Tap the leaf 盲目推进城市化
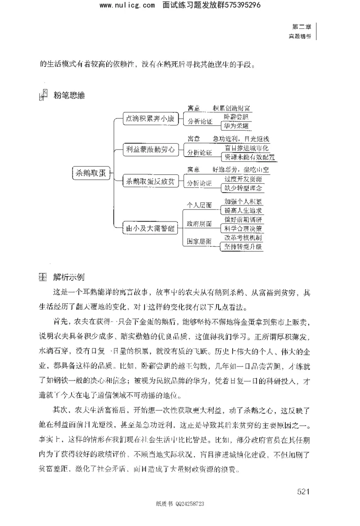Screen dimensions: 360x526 (x=247, y=148)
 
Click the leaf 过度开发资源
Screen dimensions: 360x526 (x=243, y=179)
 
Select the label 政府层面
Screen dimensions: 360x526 (x=199, y=224)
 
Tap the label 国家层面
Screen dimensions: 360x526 (x=199, y=242)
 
